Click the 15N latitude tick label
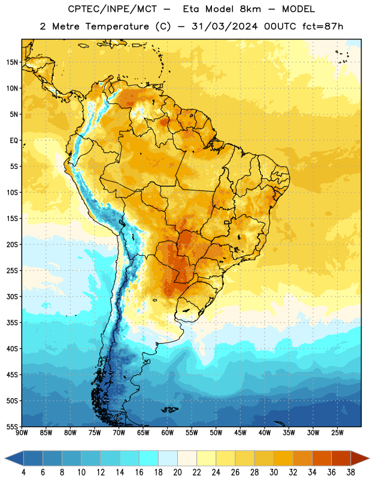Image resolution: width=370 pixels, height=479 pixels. (x=12, y=62)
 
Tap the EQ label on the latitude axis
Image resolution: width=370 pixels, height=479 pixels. (x=14, y=141)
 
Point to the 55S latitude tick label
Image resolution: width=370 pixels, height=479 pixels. (x=12, y=426)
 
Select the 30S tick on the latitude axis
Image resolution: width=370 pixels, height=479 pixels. (x=12, y=296)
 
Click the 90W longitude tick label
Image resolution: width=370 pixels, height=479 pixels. (x=22, y=432)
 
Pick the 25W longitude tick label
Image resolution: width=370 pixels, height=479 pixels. (x=337, y=432)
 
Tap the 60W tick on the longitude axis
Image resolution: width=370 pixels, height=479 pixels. (x=168, y=432)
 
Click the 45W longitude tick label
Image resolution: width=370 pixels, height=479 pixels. (x=240, y=432)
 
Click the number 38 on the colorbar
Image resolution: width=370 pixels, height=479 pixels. (x=351, y=472)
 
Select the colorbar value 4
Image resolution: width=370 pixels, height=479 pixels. (x=23, y=472)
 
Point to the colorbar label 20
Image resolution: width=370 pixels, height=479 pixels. (x=177, y=472)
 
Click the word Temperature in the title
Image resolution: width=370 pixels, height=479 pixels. (x=117, y=26)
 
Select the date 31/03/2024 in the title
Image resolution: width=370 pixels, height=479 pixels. (x=225, y=26)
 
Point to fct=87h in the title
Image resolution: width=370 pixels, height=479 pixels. (x=323, y=26)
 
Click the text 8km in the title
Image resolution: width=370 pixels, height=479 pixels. (x=250, y=9)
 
